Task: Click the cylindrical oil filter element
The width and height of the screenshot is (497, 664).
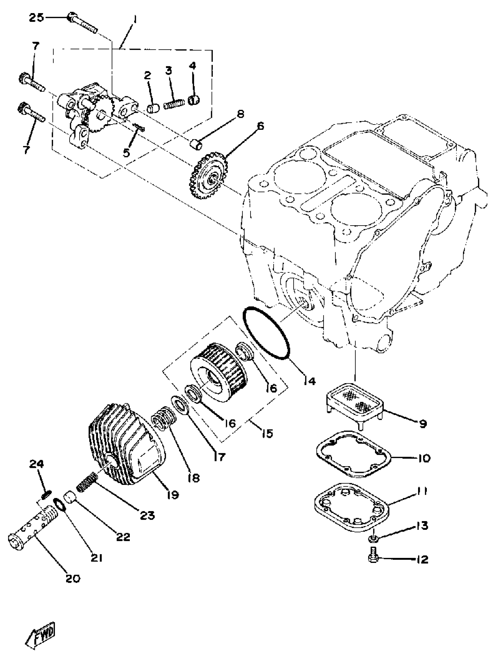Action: (x=218, y=368)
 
